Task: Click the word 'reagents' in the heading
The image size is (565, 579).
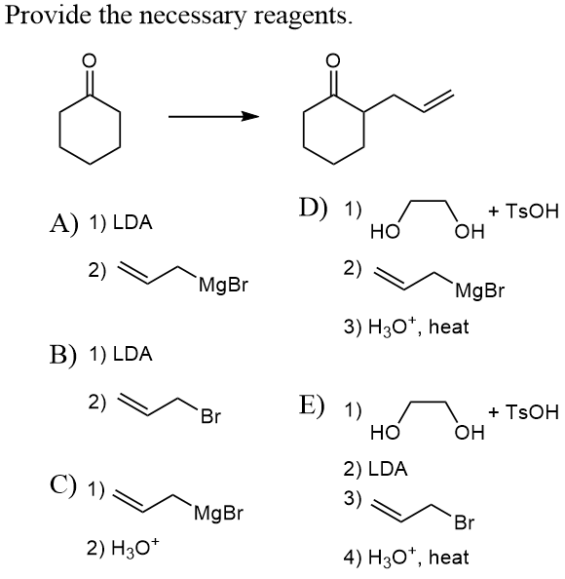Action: coord(303,17)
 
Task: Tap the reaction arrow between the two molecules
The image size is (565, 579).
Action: coord(214,117)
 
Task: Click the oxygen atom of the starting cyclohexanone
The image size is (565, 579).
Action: coord(89,60)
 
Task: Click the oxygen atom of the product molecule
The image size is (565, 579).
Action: coord(333,60)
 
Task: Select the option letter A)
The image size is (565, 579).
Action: coord(64,222)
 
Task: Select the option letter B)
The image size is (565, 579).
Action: coord(63,354)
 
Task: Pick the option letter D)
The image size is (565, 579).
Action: coord(313,209)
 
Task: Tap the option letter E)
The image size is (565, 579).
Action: coord(312,405)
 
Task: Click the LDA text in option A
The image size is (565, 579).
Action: coord(132,222)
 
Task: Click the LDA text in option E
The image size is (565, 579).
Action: coord(388,469)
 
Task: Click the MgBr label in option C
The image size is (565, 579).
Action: coord(218,512)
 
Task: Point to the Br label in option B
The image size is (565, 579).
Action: coord(210,416)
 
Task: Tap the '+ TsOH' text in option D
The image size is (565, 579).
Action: coord(524,212)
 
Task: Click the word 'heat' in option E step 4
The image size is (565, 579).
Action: coord(449,557)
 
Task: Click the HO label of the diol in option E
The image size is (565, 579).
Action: coord(385,433)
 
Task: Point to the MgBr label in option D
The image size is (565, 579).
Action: coord(479,289)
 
